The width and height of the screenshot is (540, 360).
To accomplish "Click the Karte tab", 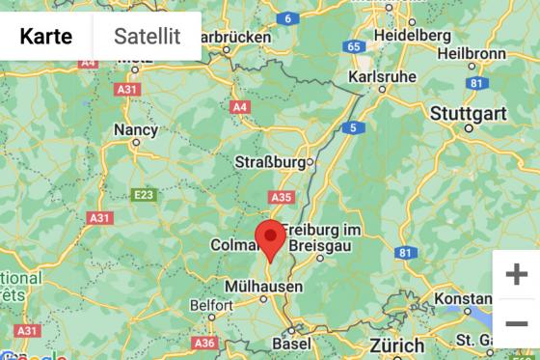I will click(46, 37).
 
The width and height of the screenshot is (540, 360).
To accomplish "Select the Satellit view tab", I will click(147, 37).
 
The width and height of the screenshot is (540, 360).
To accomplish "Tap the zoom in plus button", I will click(516, 274).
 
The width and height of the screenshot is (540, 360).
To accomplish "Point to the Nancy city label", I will click(136, 129).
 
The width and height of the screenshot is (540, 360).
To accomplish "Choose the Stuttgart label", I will click(467, 113).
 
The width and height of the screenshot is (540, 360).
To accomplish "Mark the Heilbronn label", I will click(472, 53).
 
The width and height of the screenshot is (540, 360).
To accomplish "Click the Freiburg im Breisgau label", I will click(321, 237).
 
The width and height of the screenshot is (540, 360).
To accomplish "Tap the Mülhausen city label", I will click(262, 287).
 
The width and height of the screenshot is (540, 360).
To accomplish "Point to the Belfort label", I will click(210, 305).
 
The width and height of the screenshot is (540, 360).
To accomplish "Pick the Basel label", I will click(291, 343).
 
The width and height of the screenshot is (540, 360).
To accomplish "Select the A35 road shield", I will click(281, 197).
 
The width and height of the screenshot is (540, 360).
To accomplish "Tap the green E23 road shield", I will click(144, 195).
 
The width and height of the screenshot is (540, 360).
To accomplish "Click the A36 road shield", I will click(203, 343).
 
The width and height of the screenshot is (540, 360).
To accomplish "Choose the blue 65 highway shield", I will click(355, 46).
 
